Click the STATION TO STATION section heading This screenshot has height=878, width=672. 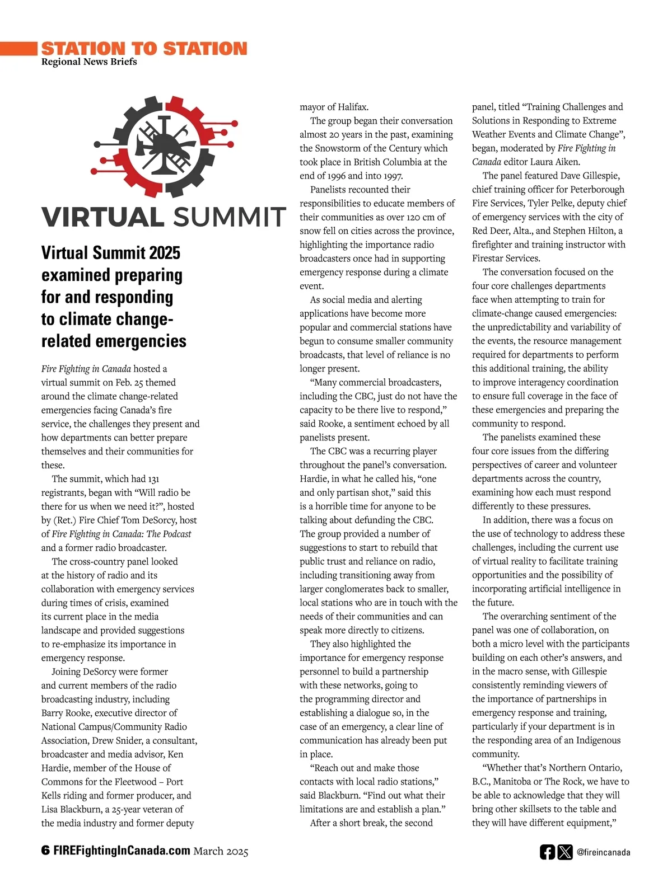144,48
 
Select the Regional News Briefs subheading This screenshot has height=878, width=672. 89,62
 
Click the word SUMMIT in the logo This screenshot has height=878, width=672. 230,217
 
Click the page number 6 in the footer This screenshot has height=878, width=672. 45,851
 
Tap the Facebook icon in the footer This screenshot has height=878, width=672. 547,852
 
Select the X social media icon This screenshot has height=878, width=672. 566,852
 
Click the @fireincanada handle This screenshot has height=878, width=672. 603,852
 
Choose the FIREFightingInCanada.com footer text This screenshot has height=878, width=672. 122,851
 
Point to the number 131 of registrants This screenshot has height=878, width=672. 153,479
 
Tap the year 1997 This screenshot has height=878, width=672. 393,176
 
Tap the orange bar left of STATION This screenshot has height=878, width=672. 18,48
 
